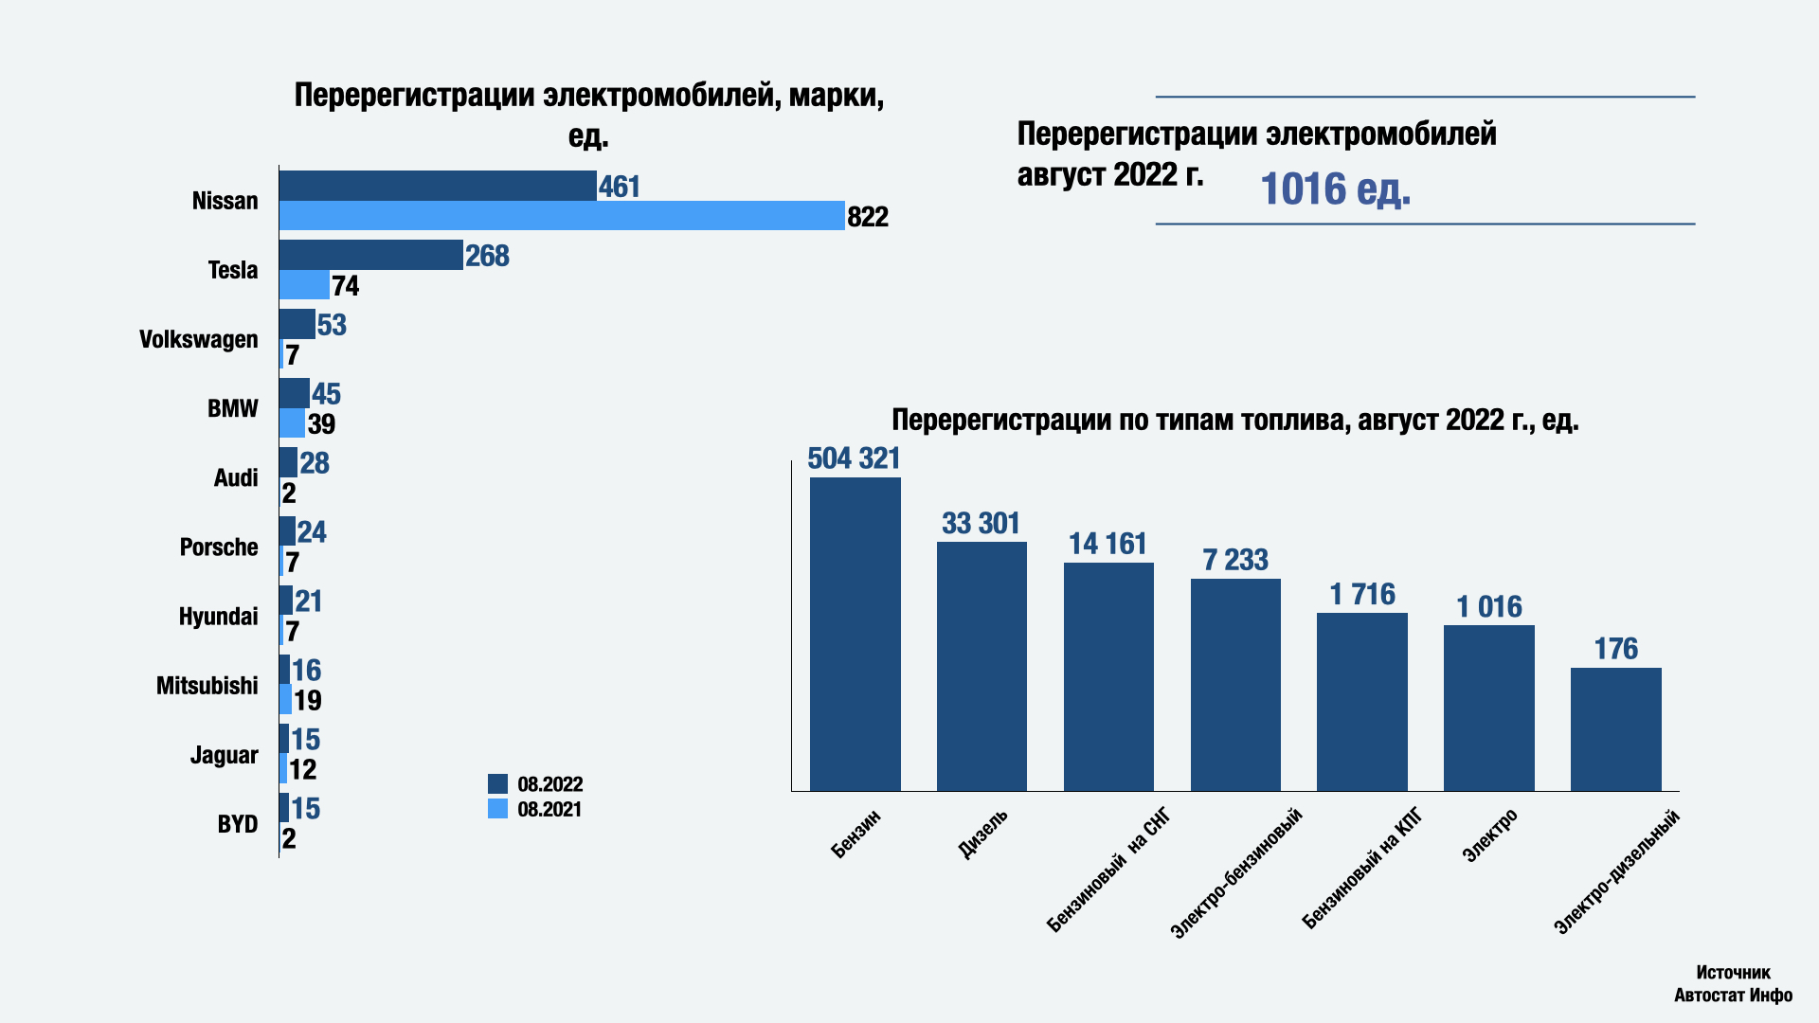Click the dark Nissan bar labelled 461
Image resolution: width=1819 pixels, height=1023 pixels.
[x=438, y=186]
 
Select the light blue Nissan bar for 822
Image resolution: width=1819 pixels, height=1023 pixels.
[x=562, y=215]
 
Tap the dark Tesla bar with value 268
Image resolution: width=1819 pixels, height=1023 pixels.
[x=370, y=255]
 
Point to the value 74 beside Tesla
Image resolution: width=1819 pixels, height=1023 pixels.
[x=346, y=286]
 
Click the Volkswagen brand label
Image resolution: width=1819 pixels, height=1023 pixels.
[x=198, y=339]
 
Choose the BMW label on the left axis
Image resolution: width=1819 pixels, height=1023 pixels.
[x=232, y=408]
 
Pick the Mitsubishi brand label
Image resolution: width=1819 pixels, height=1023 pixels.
[x=207, y=686]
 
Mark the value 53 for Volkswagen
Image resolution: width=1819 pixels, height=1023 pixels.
[x=332, y=325]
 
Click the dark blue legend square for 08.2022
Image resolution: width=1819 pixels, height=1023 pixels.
[x=497, y=783]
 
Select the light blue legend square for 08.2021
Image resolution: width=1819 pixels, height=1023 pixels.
[x=497, y=809]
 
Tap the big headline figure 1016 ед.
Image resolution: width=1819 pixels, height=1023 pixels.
[x=1335, y=188]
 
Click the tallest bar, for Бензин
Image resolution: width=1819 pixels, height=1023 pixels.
[x=855, y=634]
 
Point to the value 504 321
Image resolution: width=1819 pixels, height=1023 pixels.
[x=854, y=458]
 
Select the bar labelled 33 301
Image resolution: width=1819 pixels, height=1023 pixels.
[x=982, y=666]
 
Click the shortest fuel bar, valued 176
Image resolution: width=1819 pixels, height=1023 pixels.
[x=1615, y=728]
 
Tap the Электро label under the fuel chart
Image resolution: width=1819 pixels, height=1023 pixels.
[x=1491, y=835]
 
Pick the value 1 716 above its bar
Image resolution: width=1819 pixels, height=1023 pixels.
[x=1362, y=594]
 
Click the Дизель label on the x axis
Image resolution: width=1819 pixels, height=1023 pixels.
[x=983, y=835]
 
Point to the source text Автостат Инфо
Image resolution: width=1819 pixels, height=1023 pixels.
[x=1733, y=995]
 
